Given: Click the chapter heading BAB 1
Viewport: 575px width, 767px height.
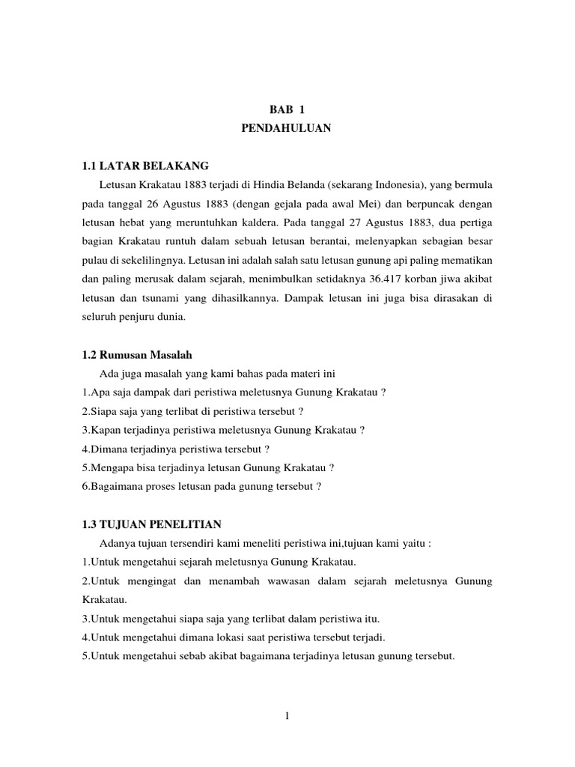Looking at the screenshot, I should coord(287,109).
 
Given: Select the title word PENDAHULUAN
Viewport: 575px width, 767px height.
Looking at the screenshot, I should coord(287,129).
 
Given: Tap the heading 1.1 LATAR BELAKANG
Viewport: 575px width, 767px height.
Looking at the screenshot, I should coord(145,166).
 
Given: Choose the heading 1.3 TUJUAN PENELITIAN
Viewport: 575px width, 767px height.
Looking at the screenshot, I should coord(152,525).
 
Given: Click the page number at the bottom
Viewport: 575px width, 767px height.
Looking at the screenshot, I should coord(287,715).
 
